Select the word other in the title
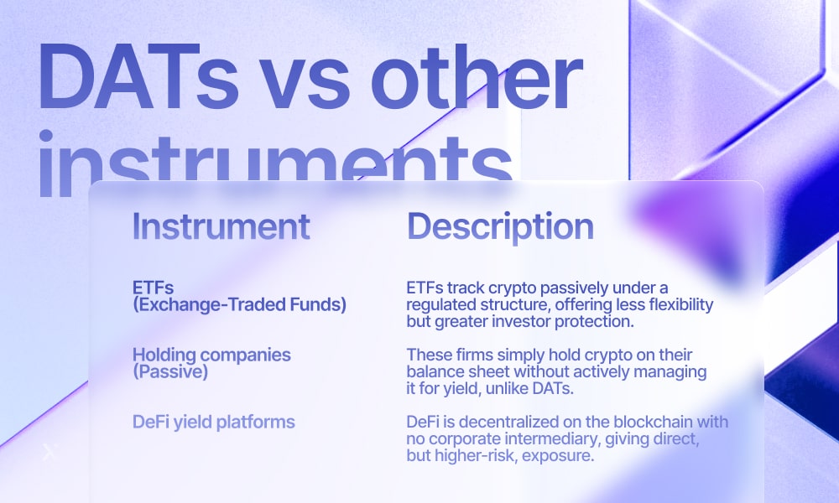coord(477,77)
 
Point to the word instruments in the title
coord(276,162)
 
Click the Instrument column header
coord(221,226)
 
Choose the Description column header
coord(500,227)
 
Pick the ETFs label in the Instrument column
coord(153,288)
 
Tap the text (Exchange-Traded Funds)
coord(239,304)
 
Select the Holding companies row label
coord(212,355)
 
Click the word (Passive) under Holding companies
coord(170,371)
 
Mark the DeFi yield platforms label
coord(213,422)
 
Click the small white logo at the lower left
coord(50,452)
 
